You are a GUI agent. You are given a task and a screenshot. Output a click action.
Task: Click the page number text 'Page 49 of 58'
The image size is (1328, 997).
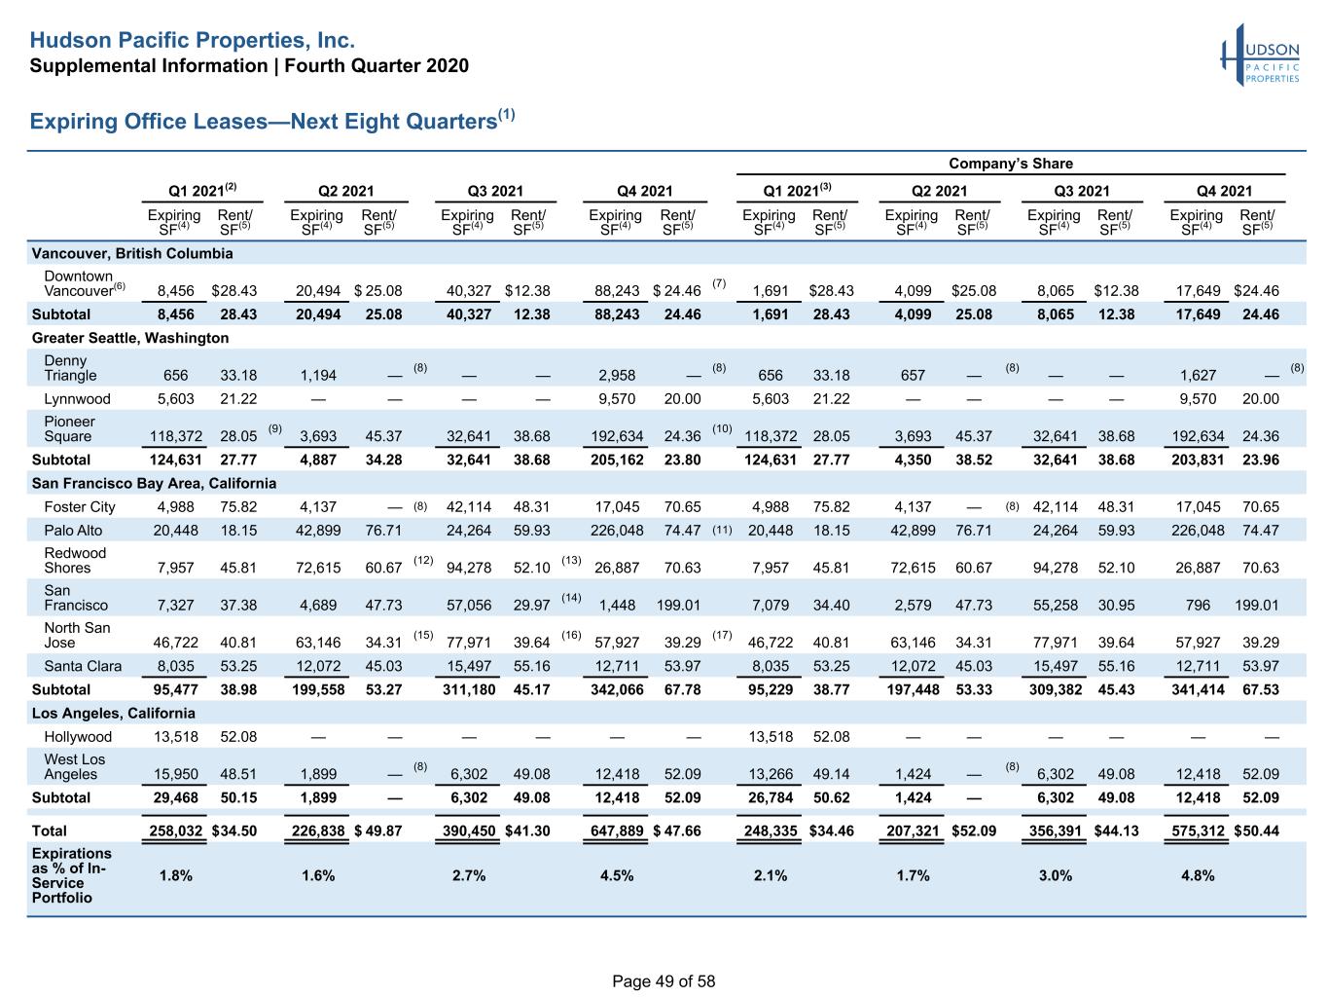(664, 981)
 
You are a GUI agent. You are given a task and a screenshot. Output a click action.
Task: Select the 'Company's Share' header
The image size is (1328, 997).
(1011, 164)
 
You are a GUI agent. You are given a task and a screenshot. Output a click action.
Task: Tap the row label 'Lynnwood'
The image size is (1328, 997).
(78, 399)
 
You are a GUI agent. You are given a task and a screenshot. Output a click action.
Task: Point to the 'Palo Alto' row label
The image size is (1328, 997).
(73, 531)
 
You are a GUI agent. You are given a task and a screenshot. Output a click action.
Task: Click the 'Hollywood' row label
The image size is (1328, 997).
(78, 737)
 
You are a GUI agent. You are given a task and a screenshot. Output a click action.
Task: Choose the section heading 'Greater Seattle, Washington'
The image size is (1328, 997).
(130, 338)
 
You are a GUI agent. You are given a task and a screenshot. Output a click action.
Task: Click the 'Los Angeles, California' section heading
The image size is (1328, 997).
(113, 713)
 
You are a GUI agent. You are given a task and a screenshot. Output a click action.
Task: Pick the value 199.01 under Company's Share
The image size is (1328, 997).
(1257, 606)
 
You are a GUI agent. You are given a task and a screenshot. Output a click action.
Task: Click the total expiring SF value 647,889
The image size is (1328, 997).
(617, 831)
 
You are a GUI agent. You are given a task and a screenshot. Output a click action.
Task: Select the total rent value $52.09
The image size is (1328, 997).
(974, 831)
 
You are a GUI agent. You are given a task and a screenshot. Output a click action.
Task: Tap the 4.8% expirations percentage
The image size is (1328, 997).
(1198, 875)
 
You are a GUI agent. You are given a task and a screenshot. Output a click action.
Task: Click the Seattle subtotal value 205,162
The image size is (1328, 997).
(617, 461)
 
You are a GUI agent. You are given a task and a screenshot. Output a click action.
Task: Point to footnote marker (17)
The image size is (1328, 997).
(722, 635)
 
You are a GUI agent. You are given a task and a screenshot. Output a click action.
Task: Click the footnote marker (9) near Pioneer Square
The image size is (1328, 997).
(274, 428)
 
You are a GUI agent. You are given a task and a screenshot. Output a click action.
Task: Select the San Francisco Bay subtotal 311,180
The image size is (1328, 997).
(469, 689)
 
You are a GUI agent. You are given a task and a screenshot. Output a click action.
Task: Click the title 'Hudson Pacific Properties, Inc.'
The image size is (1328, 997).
(193, 40)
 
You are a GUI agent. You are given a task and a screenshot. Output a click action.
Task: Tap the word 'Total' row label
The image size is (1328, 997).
(49, 831)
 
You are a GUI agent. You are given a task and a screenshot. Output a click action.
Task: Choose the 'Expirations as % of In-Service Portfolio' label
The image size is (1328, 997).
(71, 875)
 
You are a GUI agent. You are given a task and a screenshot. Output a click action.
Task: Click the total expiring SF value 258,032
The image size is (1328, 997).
(176, 831)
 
